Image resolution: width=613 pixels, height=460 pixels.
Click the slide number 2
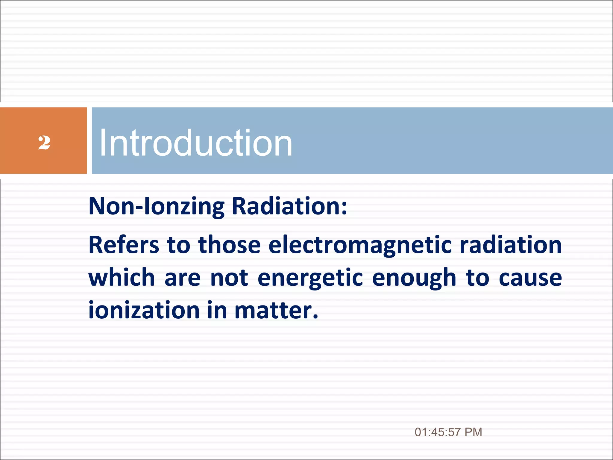(x=44, y=143)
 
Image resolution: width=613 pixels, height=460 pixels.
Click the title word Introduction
(x=195, y=143)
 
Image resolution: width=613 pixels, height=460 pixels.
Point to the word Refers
(x=124, y=245)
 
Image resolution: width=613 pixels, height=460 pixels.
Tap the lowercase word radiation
(x=511, y=245)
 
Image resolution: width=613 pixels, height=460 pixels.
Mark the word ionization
(x=144, y=310)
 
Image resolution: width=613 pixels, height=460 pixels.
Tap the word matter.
(x=276, y=310)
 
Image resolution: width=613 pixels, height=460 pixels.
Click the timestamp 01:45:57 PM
(x=448, y=432)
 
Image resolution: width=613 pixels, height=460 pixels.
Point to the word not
(x=229, y=278)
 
